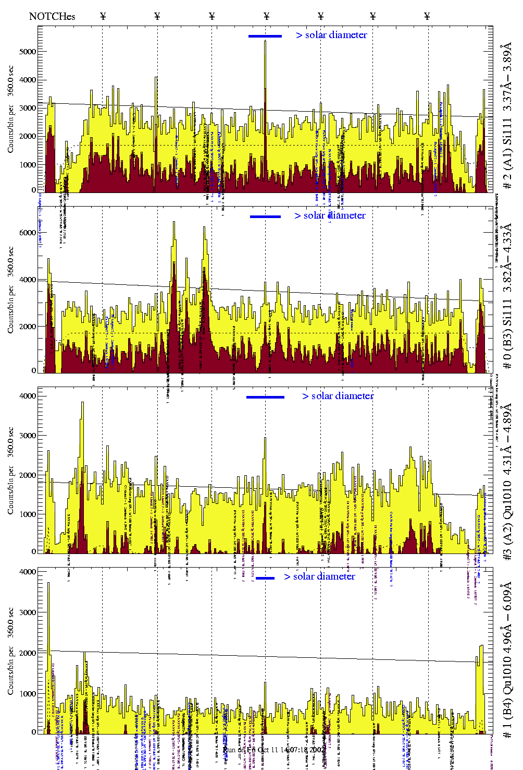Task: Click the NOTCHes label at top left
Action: [x=52, y=16]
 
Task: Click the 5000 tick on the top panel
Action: [x=28, y=52]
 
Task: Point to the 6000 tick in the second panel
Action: [x=28, y=233]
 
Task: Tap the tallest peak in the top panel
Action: [x=265, y=42]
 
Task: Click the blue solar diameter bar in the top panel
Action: [x=265, y=36]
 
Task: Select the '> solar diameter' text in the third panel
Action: [x=338, y=396]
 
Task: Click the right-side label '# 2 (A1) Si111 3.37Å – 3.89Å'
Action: [x=507, y=117]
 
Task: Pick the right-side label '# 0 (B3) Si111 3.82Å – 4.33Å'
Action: [x=507, y=296]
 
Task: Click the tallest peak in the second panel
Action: [x=174, y=223]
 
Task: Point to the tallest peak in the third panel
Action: [x=82, y=403]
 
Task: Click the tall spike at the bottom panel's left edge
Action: [x=48, y=584]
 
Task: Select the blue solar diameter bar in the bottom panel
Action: [x=265, y=578]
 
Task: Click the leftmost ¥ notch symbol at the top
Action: [x=103, y=16]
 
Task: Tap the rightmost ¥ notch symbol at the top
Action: [x=427, y=16]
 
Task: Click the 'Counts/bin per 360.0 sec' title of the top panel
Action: [x=11, y=110]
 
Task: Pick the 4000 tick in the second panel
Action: [x=28, y=280]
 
